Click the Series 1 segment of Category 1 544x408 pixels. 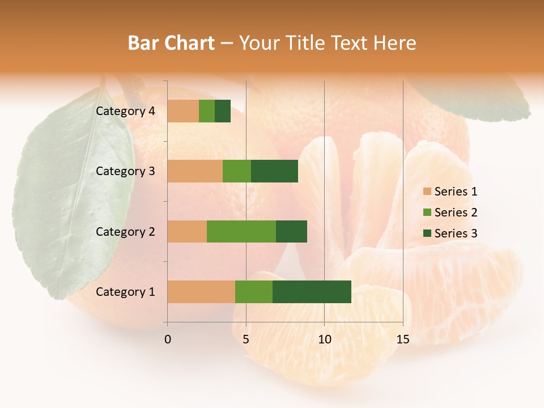201,292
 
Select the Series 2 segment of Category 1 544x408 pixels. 254,292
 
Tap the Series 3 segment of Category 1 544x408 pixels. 312,292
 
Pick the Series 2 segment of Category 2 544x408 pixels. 241,231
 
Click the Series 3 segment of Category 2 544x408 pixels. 291,231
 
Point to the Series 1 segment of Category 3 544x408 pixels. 195,171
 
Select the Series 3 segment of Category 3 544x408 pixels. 274,171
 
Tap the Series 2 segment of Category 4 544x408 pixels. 207,111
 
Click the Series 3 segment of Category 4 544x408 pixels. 223,111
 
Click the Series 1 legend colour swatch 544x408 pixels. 427,192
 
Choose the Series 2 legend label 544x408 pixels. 456,212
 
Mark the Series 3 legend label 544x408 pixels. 456,233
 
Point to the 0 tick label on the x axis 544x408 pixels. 167,339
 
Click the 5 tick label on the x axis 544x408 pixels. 246,339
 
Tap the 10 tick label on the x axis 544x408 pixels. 324,339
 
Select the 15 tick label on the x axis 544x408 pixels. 402,339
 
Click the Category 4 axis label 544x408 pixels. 125,111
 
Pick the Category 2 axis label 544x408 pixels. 125,231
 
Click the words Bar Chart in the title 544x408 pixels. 171,43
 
